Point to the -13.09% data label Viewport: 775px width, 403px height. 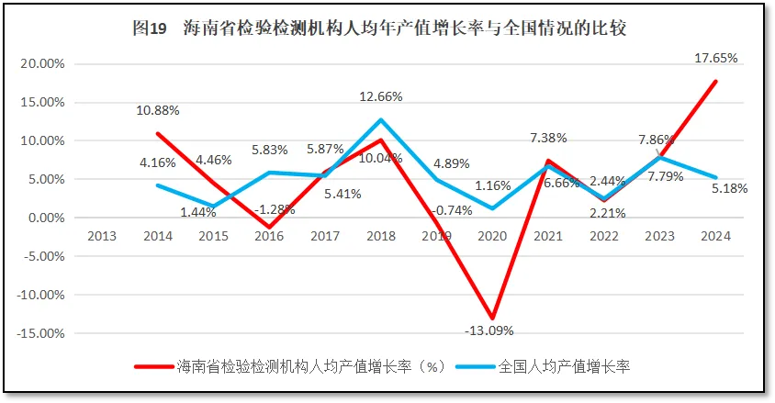tap(489, 330)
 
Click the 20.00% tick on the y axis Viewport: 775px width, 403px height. tap(40, 64)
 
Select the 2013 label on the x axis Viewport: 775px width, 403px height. tap(102, 236)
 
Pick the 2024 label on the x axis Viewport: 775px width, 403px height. tap(714, 236)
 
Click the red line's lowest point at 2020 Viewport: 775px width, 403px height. tap(493, 319)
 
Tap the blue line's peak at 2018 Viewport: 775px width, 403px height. tap(381, 120)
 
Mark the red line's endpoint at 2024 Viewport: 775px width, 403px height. tap(715, 82)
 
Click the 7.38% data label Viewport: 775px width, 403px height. tap(548, 137)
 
